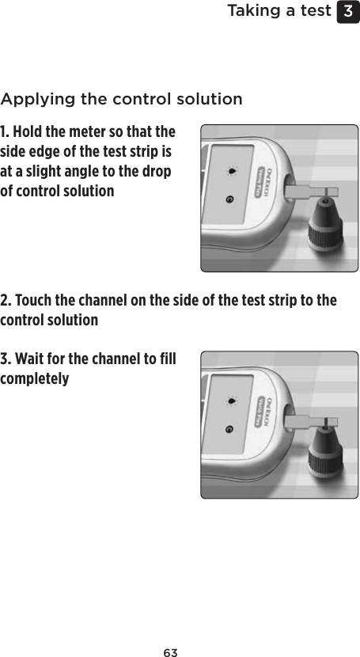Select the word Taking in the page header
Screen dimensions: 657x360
(253, 11)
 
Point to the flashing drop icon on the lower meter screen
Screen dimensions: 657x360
(230, 401)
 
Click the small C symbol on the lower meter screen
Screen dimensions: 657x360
(229, 429)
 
